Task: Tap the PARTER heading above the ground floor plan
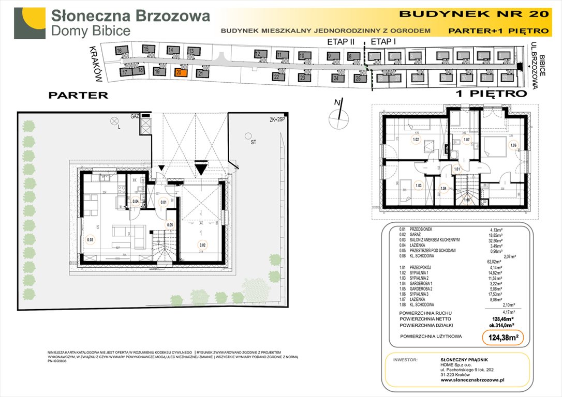(78, 95)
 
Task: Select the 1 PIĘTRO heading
(492, 94)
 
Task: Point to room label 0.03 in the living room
(91, 239)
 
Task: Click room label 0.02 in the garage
(202, 246)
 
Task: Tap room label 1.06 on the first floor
(513, 145)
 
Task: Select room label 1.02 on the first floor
(415, 139)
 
